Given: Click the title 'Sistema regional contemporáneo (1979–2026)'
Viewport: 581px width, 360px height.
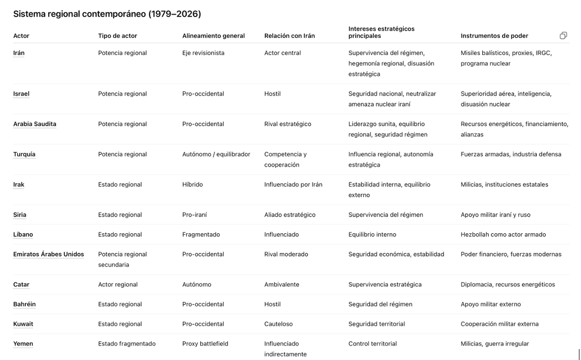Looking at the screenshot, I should coord(107,14).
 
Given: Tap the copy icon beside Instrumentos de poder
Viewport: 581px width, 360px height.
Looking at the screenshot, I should coord(563,35).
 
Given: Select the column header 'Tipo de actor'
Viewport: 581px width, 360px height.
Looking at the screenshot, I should coord(118,36).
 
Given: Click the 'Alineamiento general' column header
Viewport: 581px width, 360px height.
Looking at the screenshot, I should coord(213,36).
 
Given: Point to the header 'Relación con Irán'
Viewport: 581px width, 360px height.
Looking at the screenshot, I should coord(289,36).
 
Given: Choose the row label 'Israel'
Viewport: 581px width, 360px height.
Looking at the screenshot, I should coord(21,94).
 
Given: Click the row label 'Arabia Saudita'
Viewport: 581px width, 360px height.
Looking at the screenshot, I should coord(35,124).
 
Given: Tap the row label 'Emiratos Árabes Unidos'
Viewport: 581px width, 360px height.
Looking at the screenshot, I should coord(48,255).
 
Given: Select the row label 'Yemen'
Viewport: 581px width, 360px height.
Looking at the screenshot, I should coord(23,344).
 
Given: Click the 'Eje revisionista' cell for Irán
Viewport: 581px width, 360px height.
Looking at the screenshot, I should coord(204,53).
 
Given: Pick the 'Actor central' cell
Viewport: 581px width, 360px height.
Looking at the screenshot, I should coord(282,53).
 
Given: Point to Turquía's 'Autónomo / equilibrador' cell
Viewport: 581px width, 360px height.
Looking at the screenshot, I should coord(216,154).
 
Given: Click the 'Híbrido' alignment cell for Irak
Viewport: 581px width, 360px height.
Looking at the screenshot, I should coord(193,184).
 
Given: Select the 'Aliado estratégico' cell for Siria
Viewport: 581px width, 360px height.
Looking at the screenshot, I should coord(290,215).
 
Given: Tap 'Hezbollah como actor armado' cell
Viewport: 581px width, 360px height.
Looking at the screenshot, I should coord(503,235).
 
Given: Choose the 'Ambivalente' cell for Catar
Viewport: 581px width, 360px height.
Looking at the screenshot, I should coord(281,285).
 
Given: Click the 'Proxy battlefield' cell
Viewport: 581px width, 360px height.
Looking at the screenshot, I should coord(205,344).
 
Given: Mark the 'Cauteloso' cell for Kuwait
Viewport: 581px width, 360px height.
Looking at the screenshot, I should coord(278,324).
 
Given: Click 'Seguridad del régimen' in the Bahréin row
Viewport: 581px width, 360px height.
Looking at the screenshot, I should coord(380,304).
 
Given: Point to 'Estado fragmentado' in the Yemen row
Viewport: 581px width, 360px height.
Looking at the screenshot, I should coord(127,344).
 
